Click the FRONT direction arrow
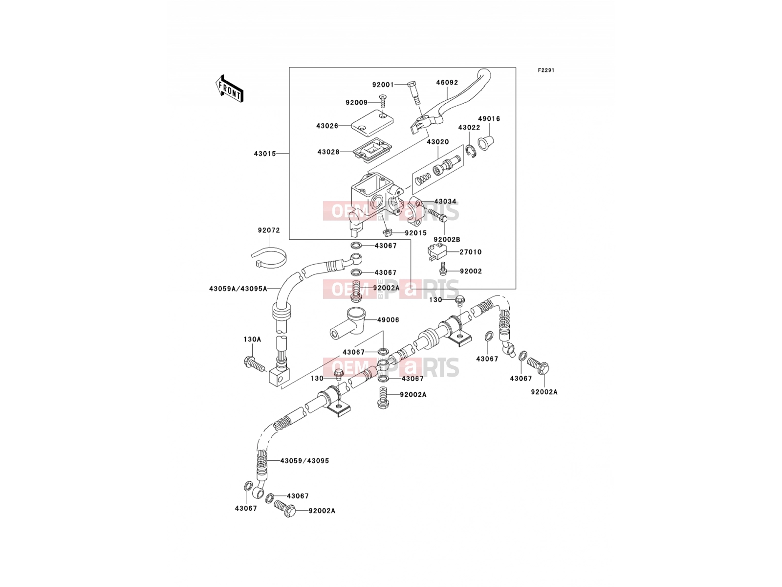(229, 89)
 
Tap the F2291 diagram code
(546, 70)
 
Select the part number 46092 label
(447, 82)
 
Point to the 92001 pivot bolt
(414, 92)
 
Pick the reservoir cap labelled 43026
(372, 123)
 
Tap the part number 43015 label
(265, 154)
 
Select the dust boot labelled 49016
(486, 143)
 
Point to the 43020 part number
(437, 142)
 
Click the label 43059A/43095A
(238, 288)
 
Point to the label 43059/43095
(304, 461)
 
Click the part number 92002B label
(447, 240)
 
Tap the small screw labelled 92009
(383, 101)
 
